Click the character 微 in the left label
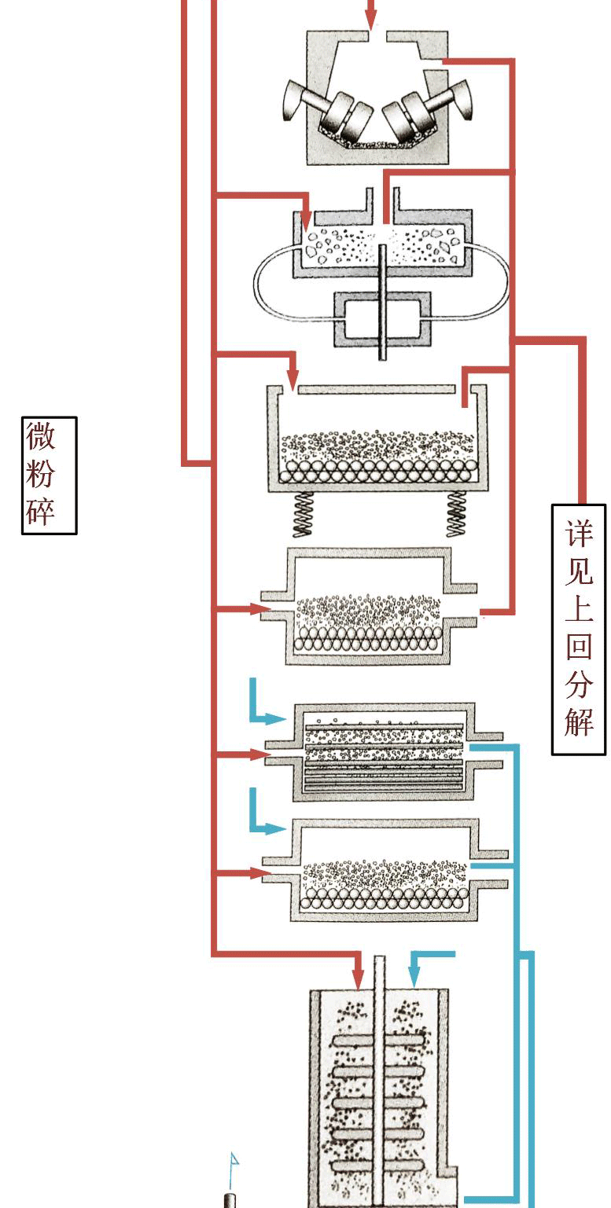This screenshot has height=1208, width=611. click(40, 436)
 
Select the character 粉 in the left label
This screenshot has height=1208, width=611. click(40, 473)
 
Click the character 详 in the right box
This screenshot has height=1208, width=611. click(580, 532)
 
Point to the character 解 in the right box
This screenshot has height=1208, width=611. click(580, 721)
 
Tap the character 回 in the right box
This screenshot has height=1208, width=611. click(580, 645)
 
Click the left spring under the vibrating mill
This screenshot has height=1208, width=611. click(303, 515)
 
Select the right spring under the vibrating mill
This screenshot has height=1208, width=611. click(457, 515)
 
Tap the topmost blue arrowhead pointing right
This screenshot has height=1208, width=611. click(275, 718)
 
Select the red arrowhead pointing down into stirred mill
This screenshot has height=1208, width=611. click(358, 979)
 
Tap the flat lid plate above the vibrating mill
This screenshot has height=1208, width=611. click(377, 389)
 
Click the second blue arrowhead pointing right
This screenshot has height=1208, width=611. click(275, 828)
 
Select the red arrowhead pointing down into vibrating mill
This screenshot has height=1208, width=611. click(293, 379)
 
